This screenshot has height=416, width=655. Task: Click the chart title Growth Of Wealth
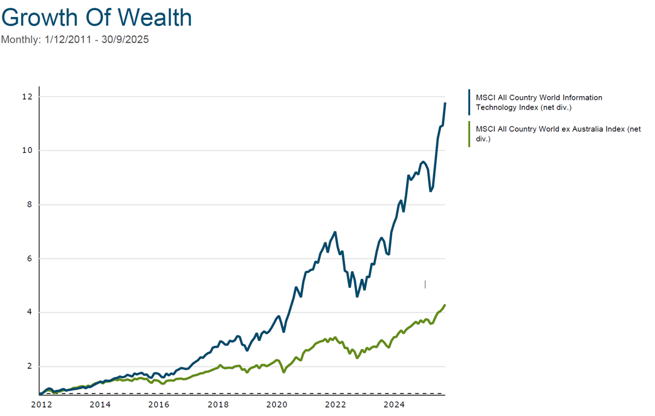point(97,18)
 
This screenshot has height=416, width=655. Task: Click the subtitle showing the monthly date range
point(75,40)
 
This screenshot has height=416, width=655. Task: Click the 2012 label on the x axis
point(41,405)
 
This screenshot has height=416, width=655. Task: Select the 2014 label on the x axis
point(100,405)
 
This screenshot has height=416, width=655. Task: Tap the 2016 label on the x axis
point(159,405)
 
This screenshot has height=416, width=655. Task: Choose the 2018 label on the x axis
point(218,405)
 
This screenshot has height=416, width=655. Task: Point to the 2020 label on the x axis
point(277,405)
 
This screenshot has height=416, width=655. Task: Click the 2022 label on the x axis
point(336,405)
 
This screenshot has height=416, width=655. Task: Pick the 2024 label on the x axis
point(395,405)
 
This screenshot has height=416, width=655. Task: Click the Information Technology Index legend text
point(539,102)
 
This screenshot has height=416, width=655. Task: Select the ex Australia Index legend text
point(558,134)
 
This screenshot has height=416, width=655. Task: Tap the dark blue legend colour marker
point(469,102)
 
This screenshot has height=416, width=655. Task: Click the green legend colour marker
point(469,134)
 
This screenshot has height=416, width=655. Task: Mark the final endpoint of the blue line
point(445,103)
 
